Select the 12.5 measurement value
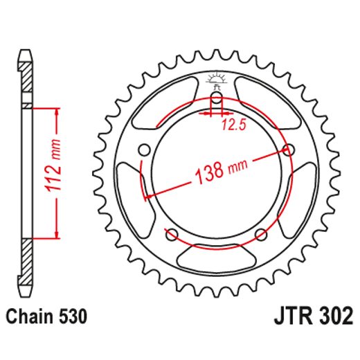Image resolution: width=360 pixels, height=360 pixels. pos(234,125)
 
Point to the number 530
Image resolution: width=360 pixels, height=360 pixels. pos(72,318)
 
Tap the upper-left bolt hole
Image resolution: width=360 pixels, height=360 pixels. pos(144,150)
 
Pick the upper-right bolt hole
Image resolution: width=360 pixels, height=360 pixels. pos(287,150)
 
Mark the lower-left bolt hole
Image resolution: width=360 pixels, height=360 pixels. pos(172,233)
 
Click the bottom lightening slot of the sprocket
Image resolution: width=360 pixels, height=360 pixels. pos(216,261)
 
